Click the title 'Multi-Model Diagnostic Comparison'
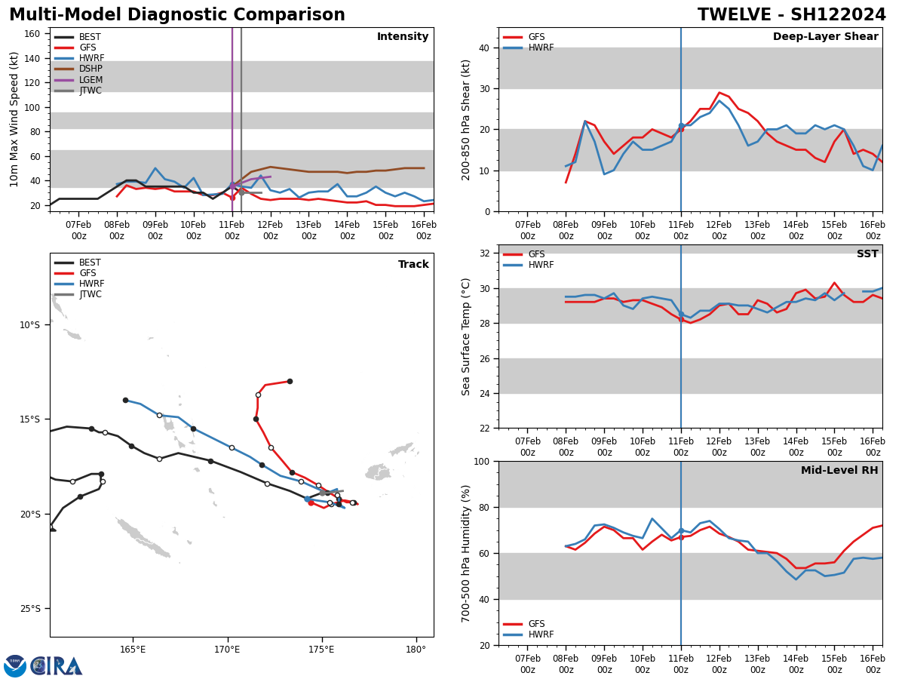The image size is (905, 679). [176, 15]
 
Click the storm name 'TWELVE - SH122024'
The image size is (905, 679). [791, 15]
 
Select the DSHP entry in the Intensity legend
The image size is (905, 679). [90, 69]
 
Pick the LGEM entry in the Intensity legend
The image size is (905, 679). [90, 80]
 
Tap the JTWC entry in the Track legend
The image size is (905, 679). [90, 294]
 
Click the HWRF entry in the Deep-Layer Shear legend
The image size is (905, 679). [539, 48]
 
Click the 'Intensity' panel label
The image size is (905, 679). [403, 37]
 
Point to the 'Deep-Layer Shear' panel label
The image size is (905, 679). [825, 37]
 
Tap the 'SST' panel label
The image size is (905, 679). [867, 254]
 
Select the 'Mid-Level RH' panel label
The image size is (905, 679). [839, 471]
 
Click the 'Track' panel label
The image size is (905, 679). [413, 265]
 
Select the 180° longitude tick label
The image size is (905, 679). [416, 649]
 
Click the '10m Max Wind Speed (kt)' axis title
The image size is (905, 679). [14, 118]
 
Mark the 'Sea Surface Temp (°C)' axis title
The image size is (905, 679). [466, 336]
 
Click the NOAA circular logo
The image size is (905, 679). [15, 666]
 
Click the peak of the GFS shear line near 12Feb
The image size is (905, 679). [719, 93]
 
